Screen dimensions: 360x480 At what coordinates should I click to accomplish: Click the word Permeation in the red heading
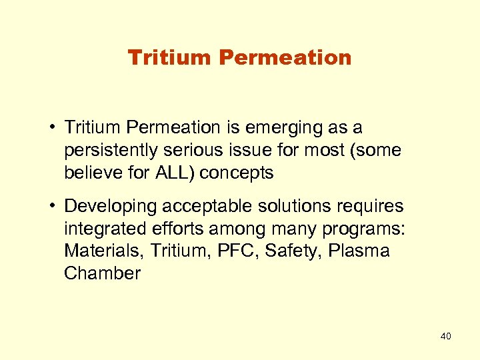[285, 58]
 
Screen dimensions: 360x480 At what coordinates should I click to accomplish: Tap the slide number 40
[445, 336]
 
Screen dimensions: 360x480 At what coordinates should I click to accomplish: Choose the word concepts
[237, 173]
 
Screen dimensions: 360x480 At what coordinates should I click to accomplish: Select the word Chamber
[102, 274]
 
